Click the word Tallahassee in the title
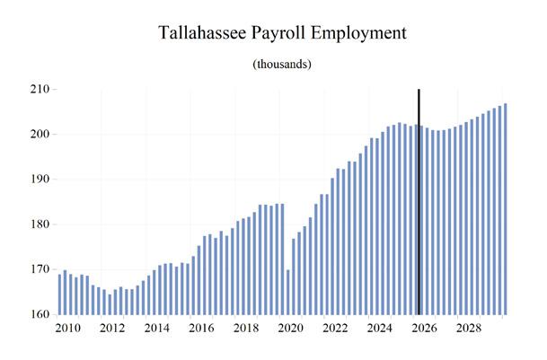coord(202,33)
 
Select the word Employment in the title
coord(359,34)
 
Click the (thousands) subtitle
coord(282,64)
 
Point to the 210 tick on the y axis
coord(40,89)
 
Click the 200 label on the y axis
coord(40,135)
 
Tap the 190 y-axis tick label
coord(40,180)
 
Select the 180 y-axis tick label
coord(40,224)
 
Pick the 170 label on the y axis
coord(40,269)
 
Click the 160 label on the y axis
coord(40,314)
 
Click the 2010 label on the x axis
coord(67,329)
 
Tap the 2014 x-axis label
coord(157,329)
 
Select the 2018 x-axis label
coord(246,329)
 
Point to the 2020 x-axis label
coord(291,329)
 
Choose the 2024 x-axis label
coord(380,329)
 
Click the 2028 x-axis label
coord(469,329)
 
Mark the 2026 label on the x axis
coord(424,329)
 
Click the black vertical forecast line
coord(419,202)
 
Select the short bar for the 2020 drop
coord(287,292)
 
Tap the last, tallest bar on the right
coord(505,209)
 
